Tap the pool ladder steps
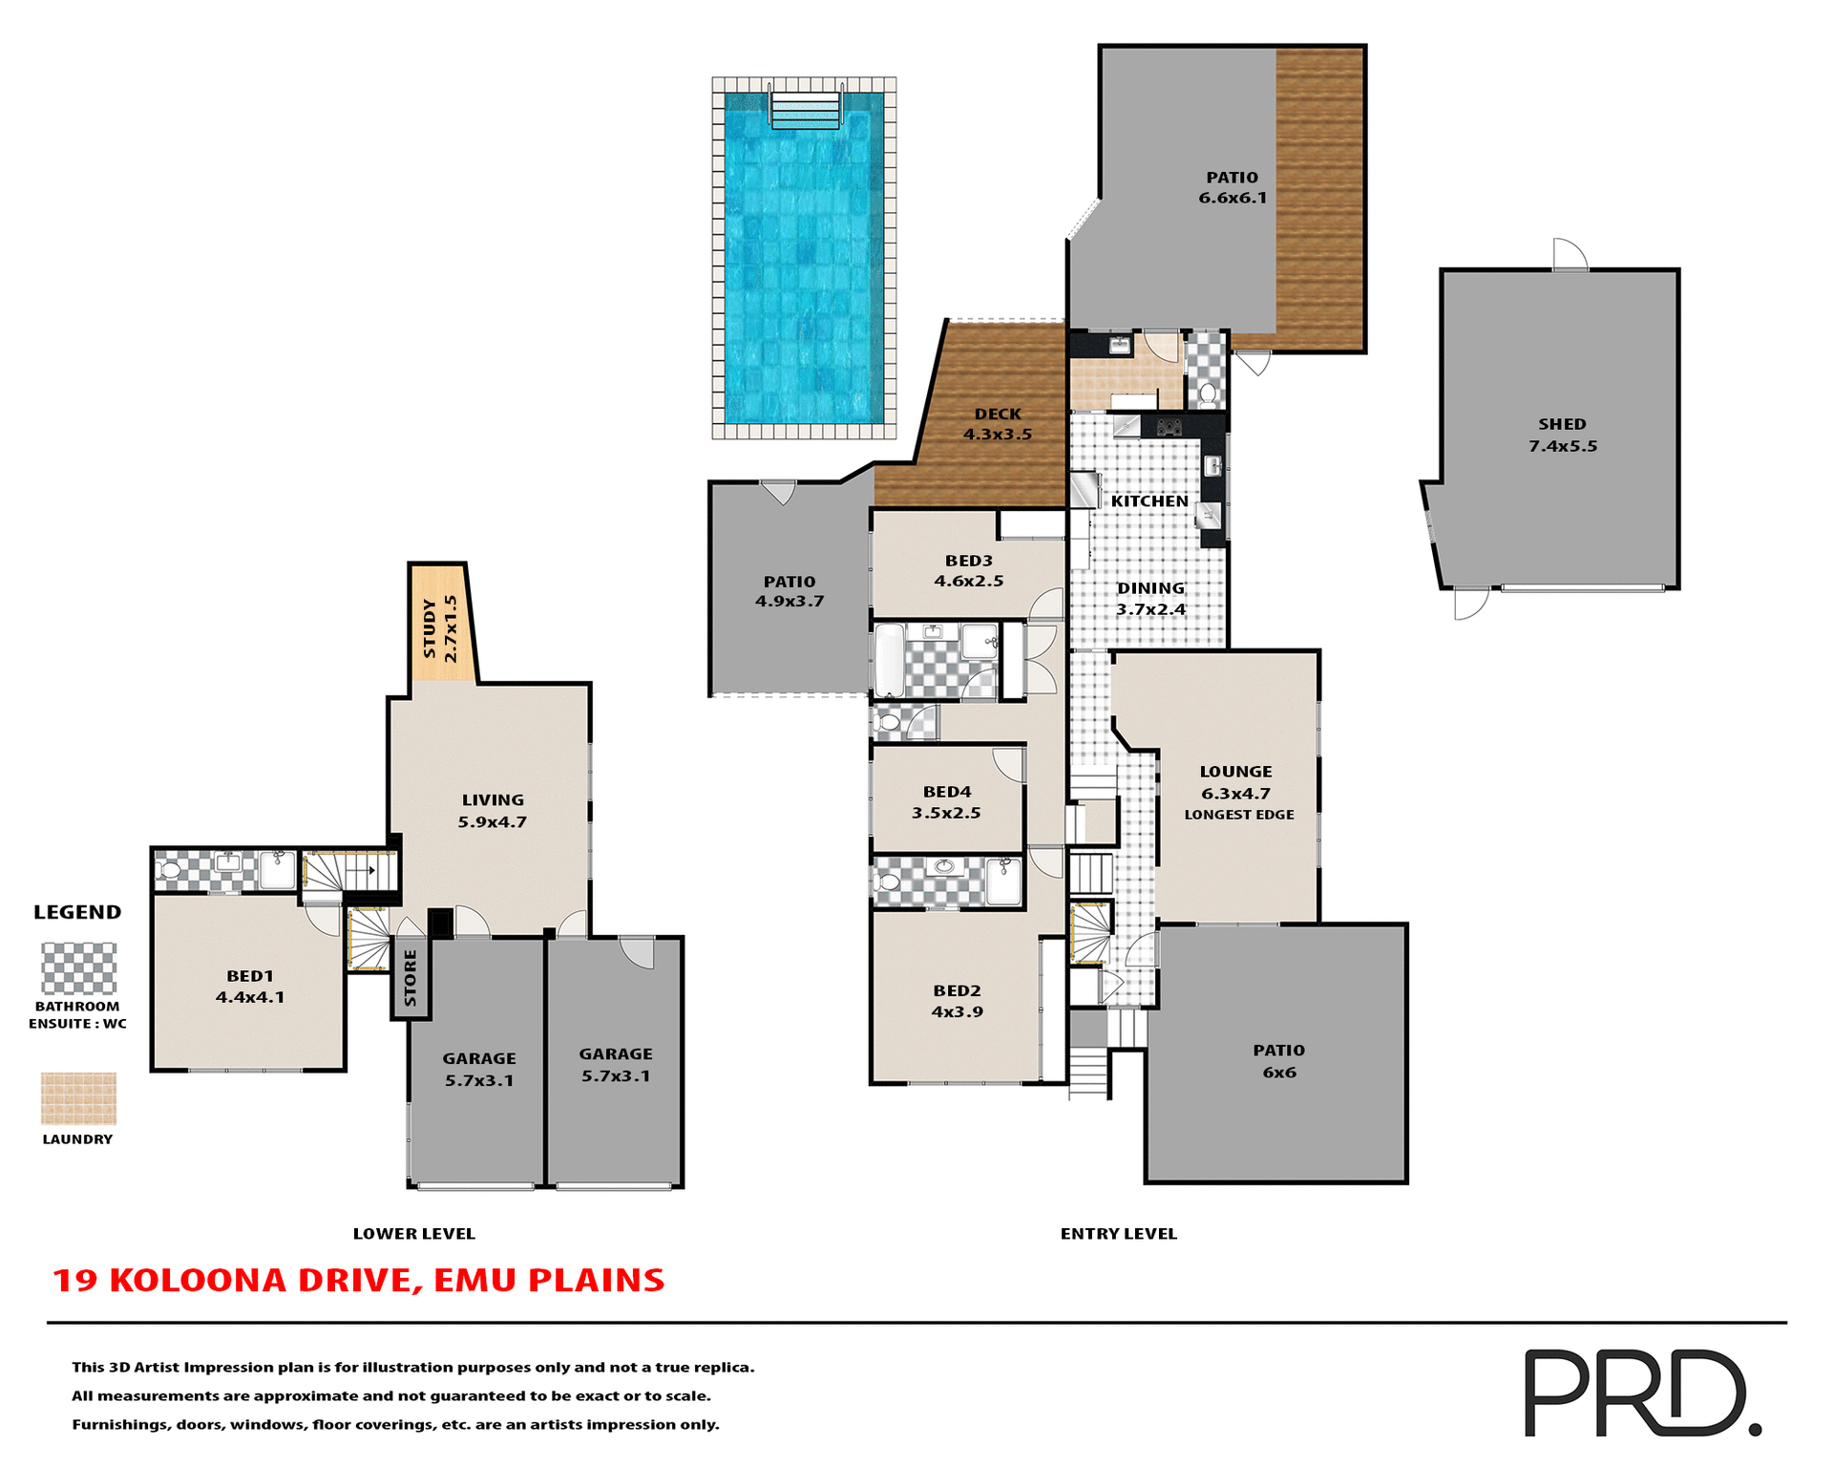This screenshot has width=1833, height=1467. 806,109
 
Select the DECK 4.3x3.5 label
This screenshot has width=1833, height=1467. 998,424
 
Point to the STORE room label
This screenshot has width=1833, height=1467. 411,977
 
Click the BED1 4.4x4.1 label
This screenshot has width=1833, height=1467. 250,987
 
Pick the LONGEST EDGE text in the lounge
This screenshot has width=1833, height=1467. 1239,815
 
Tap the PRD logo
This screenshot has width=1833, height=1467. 1640,1392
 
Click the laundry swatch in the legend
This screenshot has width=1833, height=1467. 78,1098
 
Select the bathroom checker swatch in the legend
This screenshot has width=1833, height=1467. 78,968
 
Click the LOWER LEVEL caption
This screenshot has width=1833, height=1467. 413,1233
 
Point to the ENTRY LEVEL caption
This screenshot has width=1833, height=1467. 1118,1233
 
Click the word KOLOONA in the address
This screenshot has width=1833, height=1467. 198,1280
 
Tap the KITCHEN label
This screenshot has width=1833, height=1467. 1149,501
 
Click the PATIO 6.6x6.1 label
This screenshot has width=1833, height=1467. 1233,187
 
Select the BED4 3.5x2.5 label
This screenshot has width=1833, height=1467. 946,802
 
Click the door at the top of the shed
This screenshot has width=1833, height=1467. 1570,256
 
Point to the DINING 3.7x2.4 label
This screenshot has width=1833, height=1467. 1151,599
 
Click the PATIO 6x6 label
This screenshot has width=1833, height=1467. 1278,1061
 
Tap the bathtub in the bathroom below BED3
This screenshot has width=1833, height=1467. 889,660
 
